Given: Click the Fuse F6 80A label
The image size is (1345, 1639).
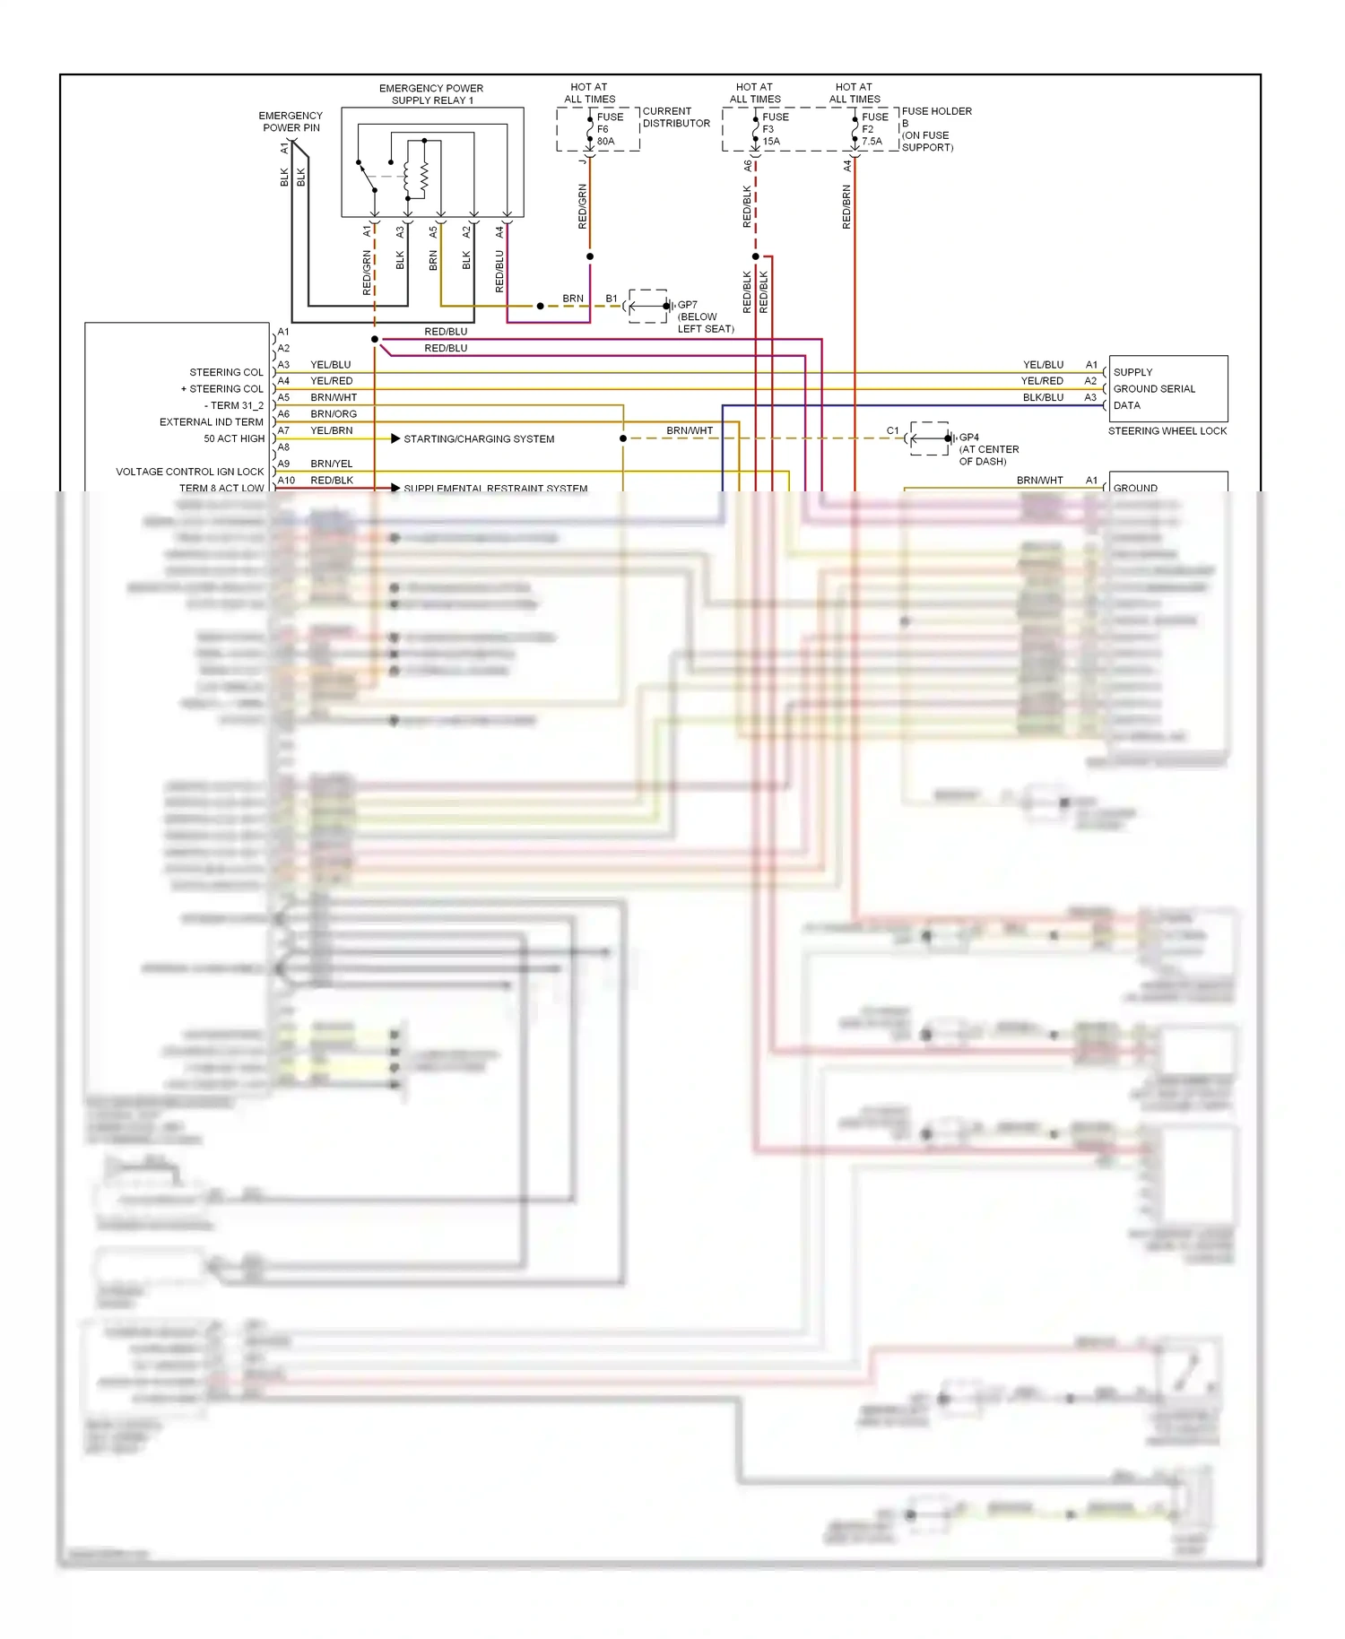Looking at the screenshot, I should pos(609,129).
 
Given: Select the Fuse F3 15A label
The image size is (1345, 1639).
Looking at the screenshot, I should pos(775,129).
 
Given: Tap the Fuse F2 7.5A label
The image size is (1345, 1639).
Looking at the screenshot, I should pos(873,129).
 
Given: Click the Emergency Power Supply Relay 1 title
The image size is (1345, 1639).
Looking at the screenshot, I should pos(431,94).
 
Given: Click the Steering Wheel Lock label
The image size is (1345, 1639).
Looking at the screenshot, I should pos(1167,431).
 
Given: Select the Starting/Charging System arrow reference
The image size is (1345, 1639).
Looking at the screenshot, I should pos(395,438).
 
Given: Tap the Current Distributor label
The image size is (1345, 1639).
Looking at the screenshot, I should pos(675,117).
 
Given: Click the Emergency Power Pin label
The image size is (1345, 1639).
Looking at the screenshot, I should pos(291,122).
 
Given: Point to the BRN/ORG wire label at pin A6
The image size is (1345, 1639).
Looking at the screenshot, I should pos(334,414).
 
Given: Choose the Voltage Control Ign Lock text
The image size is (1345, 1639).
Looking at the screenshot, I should pos(190,472).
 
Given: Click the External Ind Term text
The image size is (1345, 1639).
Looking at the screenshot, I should pos(212,422).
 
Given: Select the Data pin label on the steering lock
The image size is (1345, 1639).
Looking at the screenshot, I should pos(1126,405).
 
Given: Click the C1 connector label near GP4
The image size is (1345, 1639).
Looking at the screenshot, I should pos(892,431).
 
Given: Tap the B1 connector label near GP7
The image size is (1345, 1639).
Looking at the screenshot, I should pos(612,299).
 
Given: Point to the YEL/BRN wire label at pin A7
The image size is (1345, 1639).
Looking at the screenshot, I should pos(332,430).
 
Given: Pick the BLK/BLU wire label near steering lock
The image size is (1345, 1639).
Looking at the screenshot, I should pos(1043,397).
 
